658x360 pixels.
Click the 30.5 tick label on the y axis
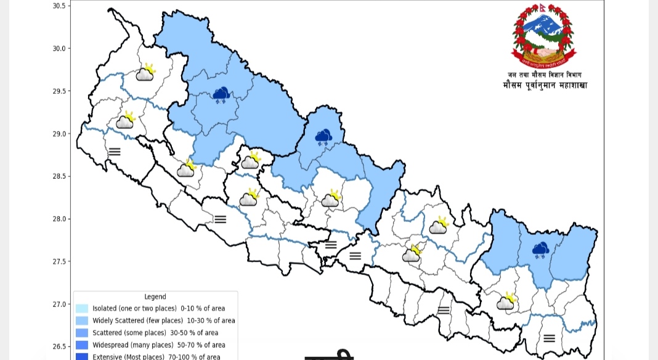pos(59,6)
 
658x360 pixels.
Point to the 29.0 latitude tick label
pos(59,134)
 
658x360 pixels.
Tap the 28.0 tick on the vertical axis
pos(59,219)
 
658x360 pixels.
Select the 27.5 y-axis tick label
pos(59,261)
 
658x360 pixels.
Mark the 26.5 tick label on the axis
pos(59,346)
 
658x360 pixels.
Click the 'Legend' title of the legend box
pos(155,297)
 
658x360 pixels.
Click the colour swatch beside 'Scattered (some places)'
pos(82,333)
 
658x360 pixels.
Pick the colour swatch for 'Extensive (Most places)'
pos(82,356)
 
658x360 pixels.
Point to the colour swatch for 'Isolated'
pos(82,308)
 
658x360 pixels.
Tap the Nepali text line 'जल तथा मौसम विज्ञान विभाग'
pos(545,75)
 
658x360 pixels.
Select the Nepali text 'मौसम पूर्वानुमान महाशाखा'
pos(545,85)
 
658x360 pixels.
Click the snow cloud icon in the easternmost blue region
pos(540,250)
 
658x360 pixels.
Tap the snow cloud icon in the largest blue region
pos(221,94)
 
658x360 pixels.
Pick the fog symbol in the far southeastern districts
pos(549,338)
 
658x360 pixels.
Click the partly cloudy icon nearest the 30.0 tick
pos(145,73)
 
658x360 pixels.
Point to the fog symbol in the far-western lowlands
pos(115,151)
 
